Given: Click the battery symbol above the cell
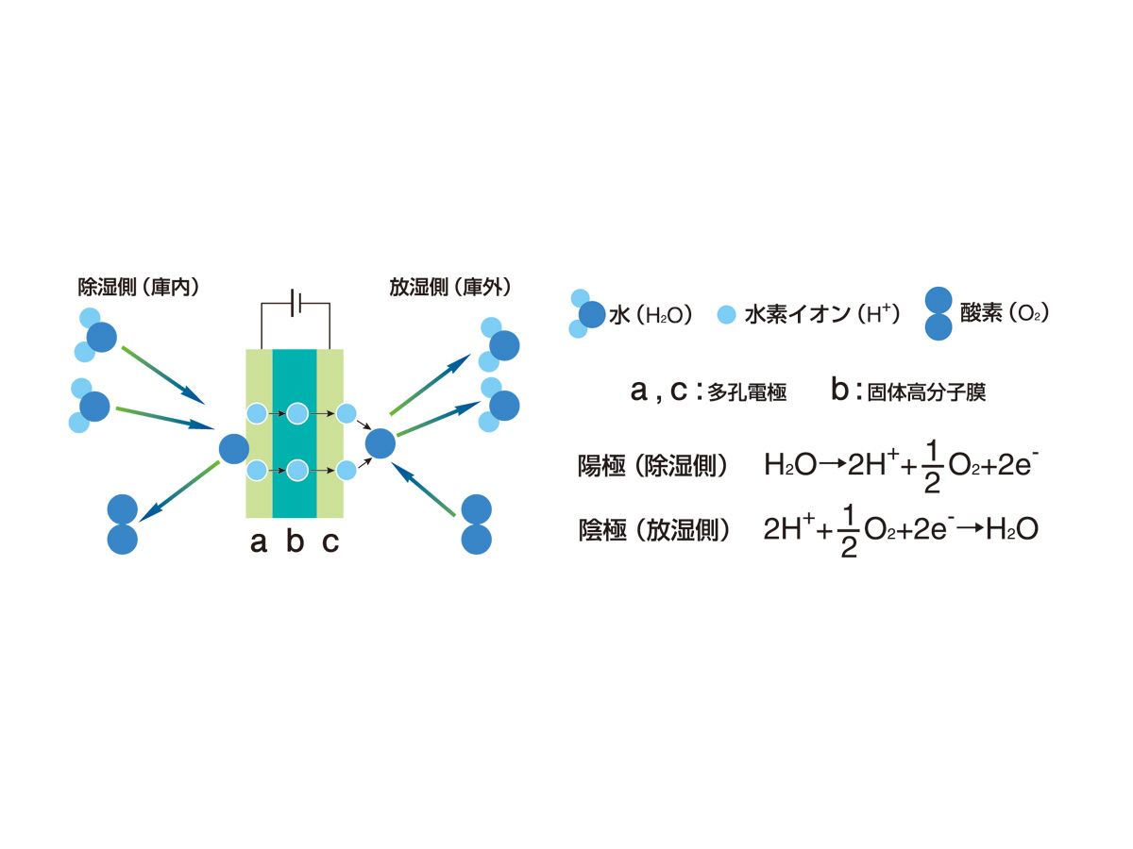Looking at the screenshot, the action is coord(296,303).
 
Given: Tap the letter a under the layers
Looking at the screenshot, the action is coord(259,542).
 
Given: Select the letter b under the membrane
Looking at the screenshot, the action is coord(295,540).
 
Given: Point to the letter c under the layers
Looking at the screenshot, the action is coord(330,542).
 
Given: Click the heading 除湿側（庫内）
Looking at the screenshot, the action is coord(138,287).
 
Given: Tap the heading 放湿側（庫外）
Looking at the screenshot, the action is coord(449,287).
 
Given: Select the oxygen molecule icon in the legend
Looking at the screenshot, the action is coord(939,313).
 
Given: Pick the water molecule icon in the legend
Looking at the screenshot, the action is coord(587,313).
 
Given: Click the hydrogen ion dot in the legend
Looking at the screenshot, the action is coord(726,314).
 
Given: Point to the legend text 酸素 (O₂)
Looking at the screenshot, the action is coord(1004,313).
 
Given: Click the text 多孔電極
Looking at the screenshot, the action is coord(747,392).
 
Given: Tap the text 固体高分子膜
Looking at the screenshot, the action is coord(926,392).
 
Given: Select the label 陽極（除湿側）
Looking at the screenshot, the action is coord(652,465).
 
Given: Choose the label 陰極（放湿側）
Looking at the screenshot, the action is coord(654,530).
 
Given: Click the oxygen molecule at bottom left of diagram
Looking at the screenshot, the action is coord(123,524).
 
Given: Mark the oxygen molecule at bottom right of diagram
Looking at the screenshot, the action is coord(476,524).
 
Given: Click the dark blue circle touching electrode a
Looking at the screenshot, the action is coord(234,448).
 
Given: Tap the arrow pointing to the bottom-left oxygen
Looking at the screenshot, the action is coord(179,491).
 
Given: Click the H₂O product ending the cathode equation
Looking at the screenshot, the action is coord(1012,529).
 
